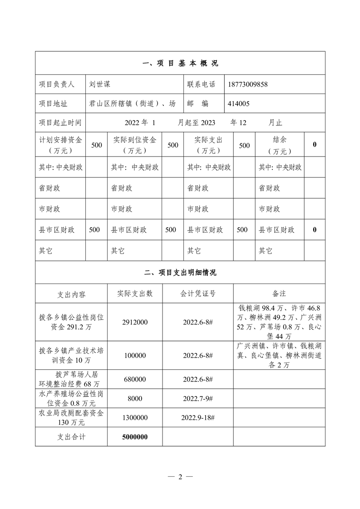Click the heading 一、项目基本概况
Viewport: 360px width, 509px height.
[x=180, y=64]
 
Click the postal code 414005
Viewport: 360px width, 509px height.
[x=238, y=104]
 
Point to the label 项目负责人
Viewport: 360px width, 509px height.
[x=56, y=84]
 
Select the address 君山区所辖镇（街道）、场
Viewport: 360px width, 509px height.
[x=133, y=104]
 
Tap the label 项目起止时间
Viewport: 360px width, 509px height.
[x=60, y=123]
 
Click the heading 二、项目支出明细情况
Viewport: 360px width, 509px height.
[x=180, y=273]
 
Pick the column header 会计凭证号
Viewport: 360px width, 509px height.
[x=198, y=294]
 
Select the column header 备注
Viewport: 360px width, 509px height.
[x=279, y=294]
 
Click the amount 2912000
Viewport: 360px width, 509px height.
[x=135, y=322]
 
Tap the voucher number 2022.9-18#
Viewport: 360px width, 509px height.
[x=198, y=417]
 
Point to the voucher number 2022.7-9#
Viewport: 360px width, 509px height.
[x=198, y=398]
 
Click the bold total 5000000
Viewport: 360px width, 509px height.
[x=135, y=437]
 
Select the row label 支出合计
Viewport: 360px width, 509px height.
[x=71, y=437]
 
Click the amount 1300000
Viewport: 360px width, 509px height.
[x=135, y=417]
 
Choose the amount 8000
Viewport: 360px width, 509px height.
[x=135, y=398]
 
